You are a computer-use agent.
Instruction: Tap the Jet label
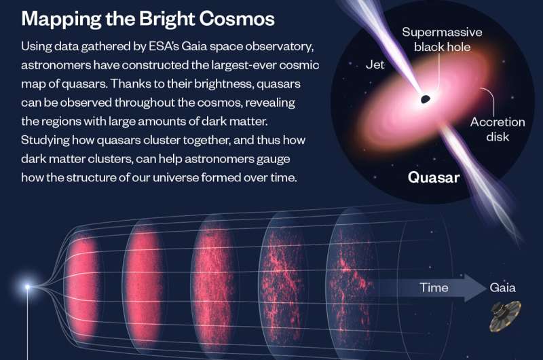pos(375,65)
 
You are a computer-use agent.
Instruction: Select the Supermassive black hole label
pos(443,39)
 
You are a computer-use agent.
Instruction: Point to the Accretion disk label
pos(498,129)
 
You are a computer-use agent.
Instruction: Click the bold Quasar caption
pos(434,177)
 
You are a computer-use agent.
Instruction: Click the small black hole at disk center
pos(426,99)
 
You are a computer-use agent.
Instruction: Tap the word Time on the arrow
pos(434,287)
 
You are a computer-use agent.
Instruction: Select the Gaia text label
pos(502,287)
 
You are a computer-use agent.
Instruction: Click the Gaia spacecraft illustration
pos(505,316)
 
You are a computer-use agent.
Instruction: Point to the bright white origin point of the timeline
pos(27,287)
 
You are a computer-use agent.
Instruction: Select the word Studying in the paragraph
pos(45,140)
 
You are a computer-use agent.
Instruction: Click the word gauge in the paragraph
pos(274,159)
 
